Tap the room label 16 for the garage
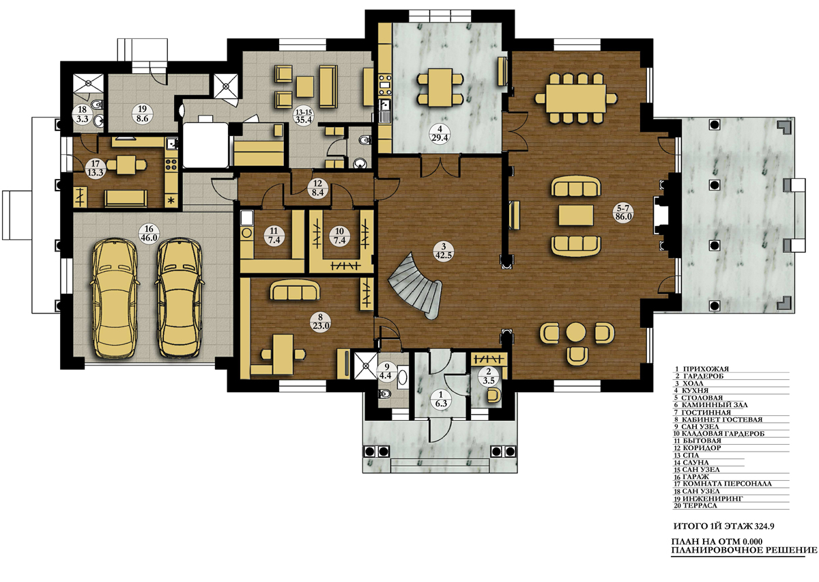pyautogui.click(x=149, y=233)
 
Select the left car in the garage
pyautogui.click(x=115, y=298)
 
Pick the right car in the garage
pyautogui.click(x=179, y=298)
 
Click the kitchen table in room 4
pyautogui.click(x=440, y=88)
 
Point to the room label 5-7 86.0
pyautogui.click(x=624, y=212)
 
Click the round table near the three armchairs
pyautogui.click(x=576, y=333)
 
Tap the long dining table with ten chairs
pyautogui.click(x=576, y=99)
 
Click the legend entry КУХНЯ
pyautogui.click(x=692, y=391)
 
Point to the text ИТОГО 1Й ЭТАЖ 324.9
pyautogui.click(x=723, y=527)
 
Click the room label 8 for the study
pyautogui.click(x=320, y=322)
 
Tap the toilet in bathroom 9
pyautogui.click(x=385, y=393)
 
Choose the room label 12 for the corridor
pyautogui.click(x=317, y=188)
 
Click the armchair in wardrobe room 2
pyautogui.click(x=493, y=396)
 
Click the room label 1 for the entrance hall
pyautogui.click(x=441, y=400)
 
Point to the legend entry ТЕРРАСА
pyautogui.click(x=695, y=505)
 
